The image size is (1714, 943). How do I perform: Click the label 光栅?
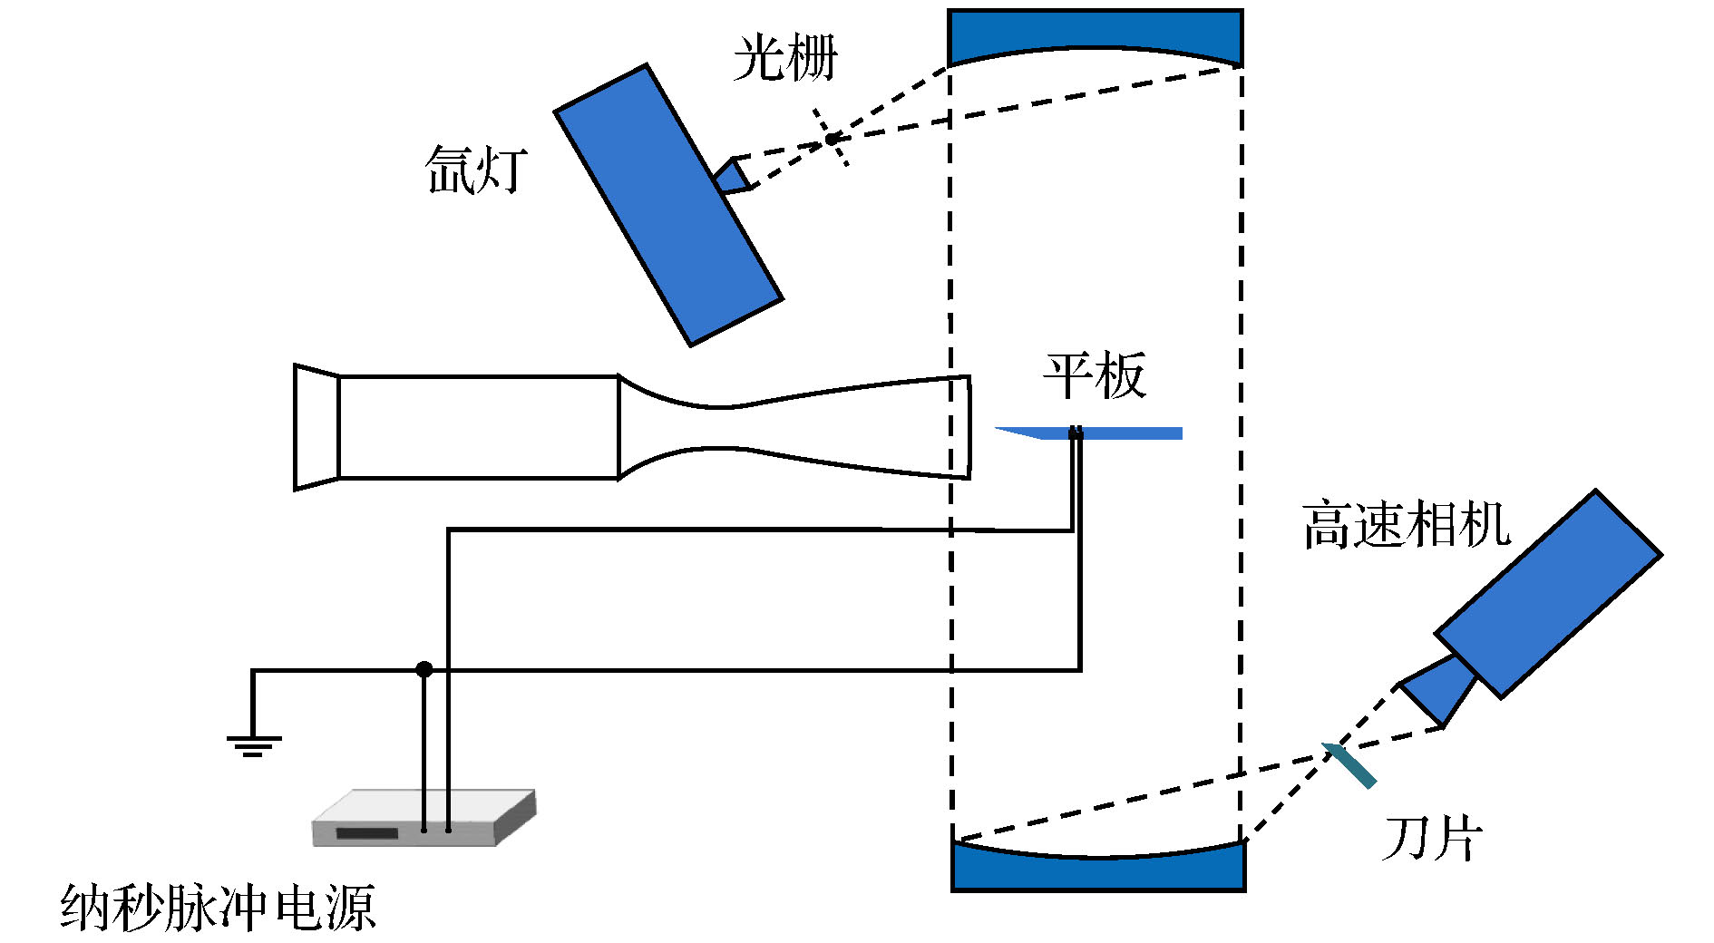[x=785, y=59]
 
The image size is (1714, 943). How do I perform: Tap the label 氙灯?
[x=476, y=170]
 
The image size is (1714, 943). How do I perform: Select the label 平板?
[x=1095, y=375]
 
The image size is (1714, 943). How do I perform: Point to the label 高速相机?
[x=1407, y=525]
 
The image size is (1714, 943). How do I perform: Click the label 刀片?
[x=1432, y=838]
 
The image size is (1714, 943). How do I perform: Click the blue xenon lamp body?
[x=668, y=205]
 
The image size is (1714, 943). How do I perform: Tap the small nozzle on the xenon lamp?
[x=734, y=176]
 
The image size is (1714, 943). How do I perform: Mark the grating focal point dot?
[x=831, y=139]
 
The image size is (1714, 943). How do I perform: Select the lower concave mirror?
[x=1098, y=870]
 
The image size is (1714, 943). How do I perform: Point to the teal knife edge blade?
[x=1349, y=765]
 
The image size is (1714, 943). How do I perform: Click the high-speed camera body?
[x=1549, y=593]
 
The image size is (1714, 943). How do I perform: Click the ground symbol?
[x=253, y=745]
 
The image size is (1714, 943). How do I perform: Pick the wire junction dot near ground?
[x=424, y=670]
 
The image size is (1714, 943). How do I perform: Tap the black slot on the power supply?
[x=367, y=833]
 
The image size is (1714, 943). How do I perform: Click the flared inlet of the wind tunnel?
[x=317, y=427]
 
